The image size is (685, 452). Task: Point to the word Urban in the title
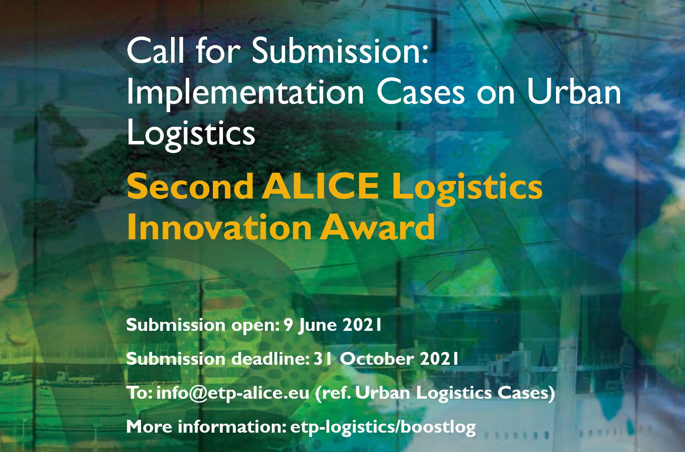click(574, 92)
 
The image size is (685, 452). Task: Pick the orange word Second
click(190, 186)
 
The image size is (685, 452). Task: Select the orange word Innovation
click(219, 227)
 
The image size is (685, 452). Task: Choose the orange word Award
click(377, 227)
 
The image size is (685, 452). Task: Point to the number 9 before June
click(289, 325)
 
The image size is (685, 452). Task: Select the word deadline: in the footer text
click(271, 359)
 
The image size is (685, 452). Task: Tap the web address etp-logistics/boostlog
click(383, 428)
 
